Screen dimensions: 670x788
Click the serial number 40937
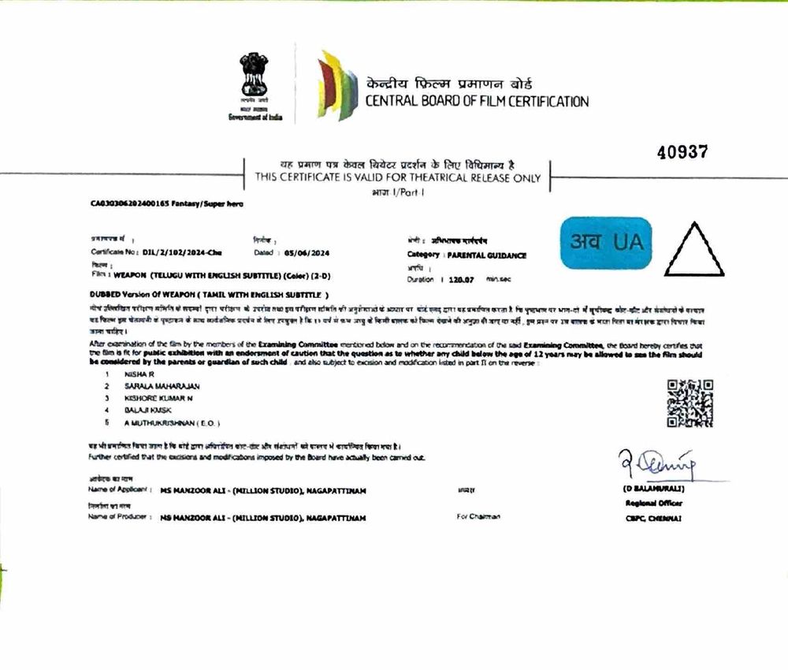coord(682,153)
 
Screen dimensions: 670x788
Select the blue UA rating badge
coord(606,243)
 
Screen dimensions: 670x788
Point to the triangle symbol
coord(693,251)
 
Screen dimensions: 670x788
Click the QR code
coord(689,403)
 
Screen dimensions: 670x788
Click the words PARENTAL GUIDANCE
coord(486,255)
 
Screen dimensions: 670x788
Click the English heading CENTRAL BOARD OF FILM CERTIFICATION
coord(476,101)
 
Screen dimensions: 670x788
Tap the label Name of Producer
coord(118,517)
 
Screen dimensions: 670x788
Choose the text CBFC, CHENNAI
coord(651,518)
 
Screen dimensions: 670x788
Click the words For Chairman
coord(478,517)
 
